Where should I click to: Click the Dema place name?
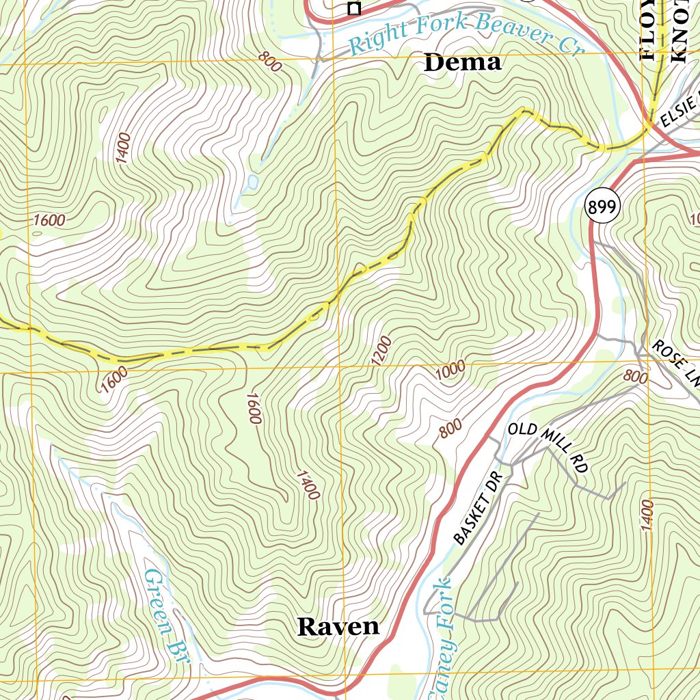click(x=463, y=63)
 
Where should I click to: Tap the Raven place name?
click(x=338, y=626)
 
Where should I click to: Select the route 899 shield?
click(x=602, y=208)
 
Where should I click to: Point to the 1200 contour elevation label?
click(x=383, y=351)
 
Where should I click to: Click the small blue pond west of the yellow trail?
click(x=252, y=183)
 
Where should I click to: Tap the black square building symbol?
click(x=353, y=8)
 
